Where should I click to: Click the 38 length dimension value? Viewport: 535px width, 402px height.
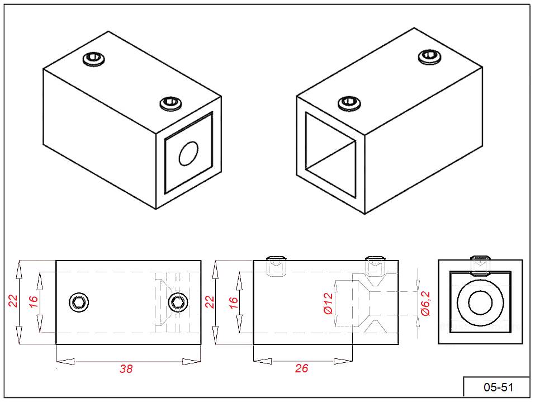point(126,369)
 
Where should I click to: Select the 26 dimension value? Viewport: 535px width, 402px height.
point(301,368)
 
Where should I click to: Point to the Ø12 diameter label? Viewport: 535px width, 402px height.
point(328,304)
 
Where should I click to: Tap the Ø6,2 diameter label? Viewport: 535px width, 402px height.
point(425,304)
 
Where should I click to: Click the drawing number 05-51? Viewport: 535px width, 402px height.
point(497,387)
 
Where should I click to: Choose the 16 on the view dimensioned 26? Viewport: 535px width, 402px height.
point(234,302)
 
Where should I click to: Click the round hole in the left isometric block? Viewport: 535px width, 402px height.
point(188,154)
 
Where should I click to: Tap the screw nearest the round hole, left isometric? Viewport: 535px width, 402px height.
point(171,103)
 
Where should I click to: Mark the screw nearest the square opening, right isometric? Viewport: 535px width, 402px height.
point(349,102)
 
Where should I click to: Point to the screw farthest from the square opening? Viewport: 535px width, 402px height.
point(429,56)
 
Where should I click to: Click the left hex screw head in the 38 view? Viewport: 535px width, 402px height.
point(79,302)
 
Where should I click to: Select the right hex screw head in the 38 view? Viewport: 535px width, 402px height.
point(178,302)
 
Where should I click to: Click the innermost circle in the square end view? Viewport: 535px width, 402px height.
point(480,304)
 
